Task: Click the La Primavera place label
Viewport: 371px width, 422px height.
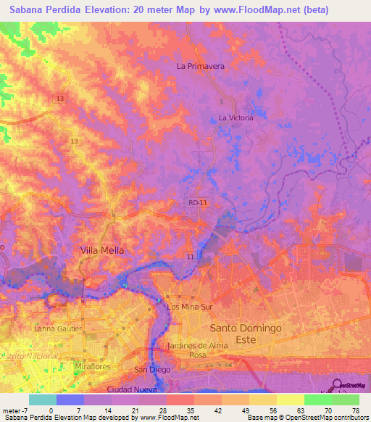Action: tap(201, 66)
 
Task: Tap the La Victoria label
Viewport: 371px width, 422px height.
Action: tap(235, 117)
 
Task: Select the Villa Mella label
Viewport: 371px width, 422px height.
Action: tap(101, 250)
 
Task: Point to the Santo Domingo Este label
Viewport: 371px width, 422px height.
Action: tap(245, 328)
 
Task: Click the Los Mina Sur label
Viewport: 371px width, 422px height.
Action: tap(188, 307)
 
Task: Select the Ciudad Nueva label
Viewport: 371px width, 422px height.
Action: tap(128, 389)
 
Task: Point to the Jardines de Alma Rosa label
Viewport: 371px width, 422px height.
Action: tap(197, 350)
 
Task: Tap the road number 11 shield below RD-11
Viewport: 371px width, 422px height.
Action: tap(189, 257)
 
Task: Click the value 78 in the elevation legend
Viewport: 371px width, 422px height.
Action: tap(356, 410)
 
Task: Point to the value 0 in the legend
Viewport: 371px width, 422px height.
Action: tap(51, 410)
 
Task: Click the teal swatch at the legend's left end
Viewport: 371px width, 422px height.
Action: tap(42, 400)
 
